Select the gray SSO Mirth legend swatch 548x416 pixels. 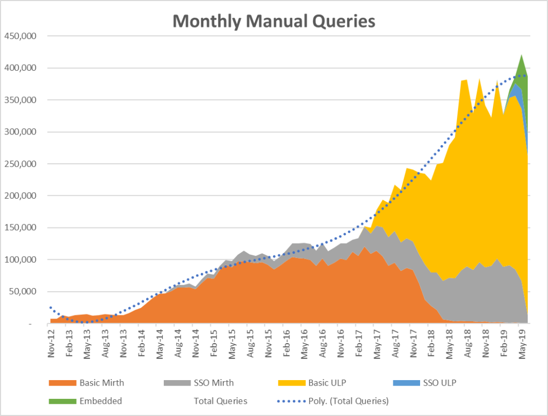(176, 383)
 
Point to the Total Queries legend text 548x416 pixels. (220, 400)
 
